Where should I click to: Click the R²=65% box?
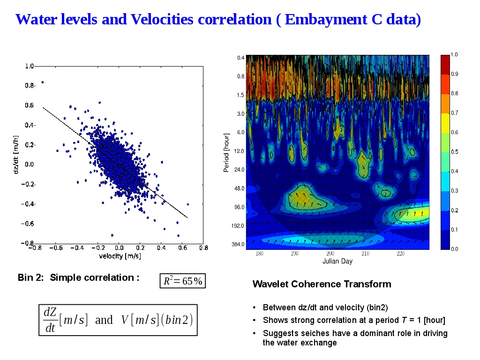(x=182, y=281)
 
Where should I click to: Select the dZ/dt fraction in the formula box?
(x=50, y=320)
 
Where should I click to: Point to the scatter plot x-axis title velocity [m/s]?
(x=120, y=256)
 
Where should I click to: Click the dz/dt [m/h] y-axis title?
(x=16, y=154)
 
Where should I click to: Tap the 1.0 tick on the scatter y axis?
(x=29, y=66)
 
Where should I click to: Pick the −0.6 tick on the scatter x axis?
(x=56, y=247)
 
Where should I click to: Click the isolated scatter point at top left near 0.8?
(x=43, y=82)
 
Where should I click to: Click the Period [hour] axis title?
(x=226, y=152)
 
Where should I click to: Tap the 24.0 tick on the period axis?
(x=240, y=170)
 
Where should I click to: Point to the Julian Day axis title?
(x=337, y=261)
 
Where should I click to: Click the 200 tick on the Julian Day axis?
(x=330, y=254)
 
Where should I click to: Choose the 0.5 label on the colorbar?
(x=454, y=152)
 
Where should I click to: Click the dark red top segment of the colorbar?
(x=445, y=64)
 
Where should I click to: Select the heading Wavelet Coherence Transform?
(x=322, y=284)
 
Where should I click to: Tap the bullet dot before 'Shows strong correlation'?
(x=254, y=321)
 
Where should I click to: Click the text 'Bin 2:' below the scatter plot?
(x=30, y=277)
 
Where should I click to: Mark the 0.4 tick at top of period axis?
(x=240, y=58)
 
